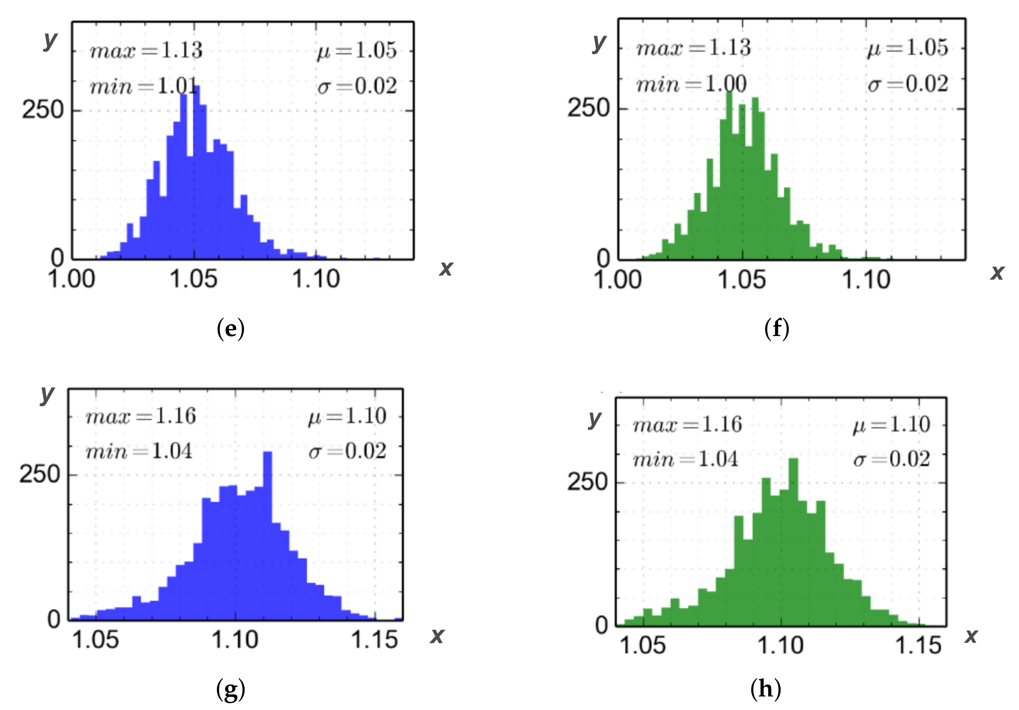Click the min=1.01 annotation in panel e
(x=143, y=86)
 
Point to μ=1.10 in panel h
(x=891, y=424)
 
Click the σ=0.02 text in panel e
(x=357, y=86)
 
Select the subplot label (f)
(x=777, y=329)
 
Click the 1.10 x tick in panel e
(x=316, y=279)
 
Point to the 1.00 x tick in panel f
(x=618, y=280)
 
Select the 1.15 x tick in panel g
(x=374, y=640)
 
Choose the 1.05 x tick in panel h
(x=643, y=645)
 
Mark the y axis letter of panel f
(x=599, y=43)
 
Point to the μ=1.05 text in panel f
(x=908, y=48)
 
